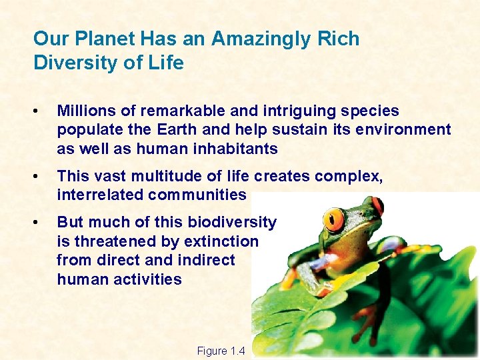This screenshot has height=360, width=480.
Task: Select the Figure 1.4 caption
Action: pyautogui.click(x=221, y=351)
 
